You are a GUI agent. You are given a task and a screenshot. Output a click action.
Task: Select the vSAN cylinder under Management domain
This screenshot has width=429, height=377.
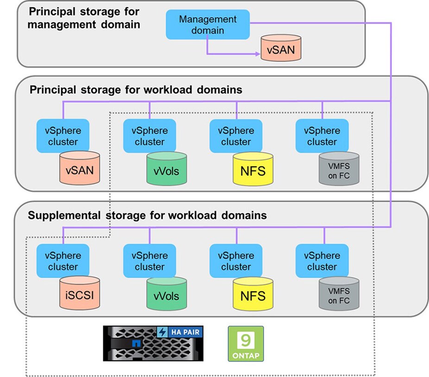(281, 49)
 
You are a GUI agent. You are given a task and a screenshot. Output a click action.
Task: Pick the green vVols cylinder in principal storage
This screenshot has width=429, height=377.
(166, 171)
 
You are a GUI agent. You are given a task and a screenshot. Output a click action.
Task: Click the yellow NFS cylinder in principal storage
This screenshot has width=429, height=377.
(253, 171)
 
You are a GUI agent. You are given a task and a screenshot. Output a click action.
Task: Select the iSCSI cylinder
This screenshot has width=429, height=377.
(80, 295)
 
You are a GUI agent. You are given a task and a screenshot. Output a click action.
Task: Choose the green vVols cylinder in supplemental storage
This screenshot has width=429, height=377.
(166, 296)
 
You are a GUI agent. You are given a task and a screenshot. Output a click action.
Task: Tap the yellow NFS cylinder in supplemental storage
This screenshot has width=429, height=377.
(253, 296)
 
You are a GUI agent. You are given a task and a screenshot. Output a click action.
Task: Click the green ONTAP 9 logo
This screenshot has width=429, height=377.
(246, 343)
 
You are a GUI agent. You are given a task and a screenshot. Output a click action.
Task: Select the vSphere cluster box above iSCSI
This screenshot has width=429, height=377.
(63, 261)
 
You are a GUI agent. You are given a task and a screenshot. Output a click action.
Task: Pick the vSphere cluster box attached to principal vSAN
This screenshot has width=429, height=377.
(63, 136)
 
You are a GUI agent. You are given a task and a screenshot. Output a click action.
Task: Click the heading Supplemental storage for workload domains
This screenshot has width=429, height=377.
(147, 215)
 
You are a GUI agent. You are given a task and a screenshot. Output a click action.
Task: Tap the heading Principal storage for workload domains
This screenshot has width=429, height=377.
(136, 90)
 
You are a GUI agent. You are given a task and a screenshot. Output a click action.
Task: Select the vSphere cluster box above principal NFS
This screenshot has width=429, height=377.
(236, 136)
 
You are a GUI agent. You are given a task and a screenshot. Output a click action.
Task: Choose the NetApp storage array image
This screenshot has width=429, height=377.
(153, 343)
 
